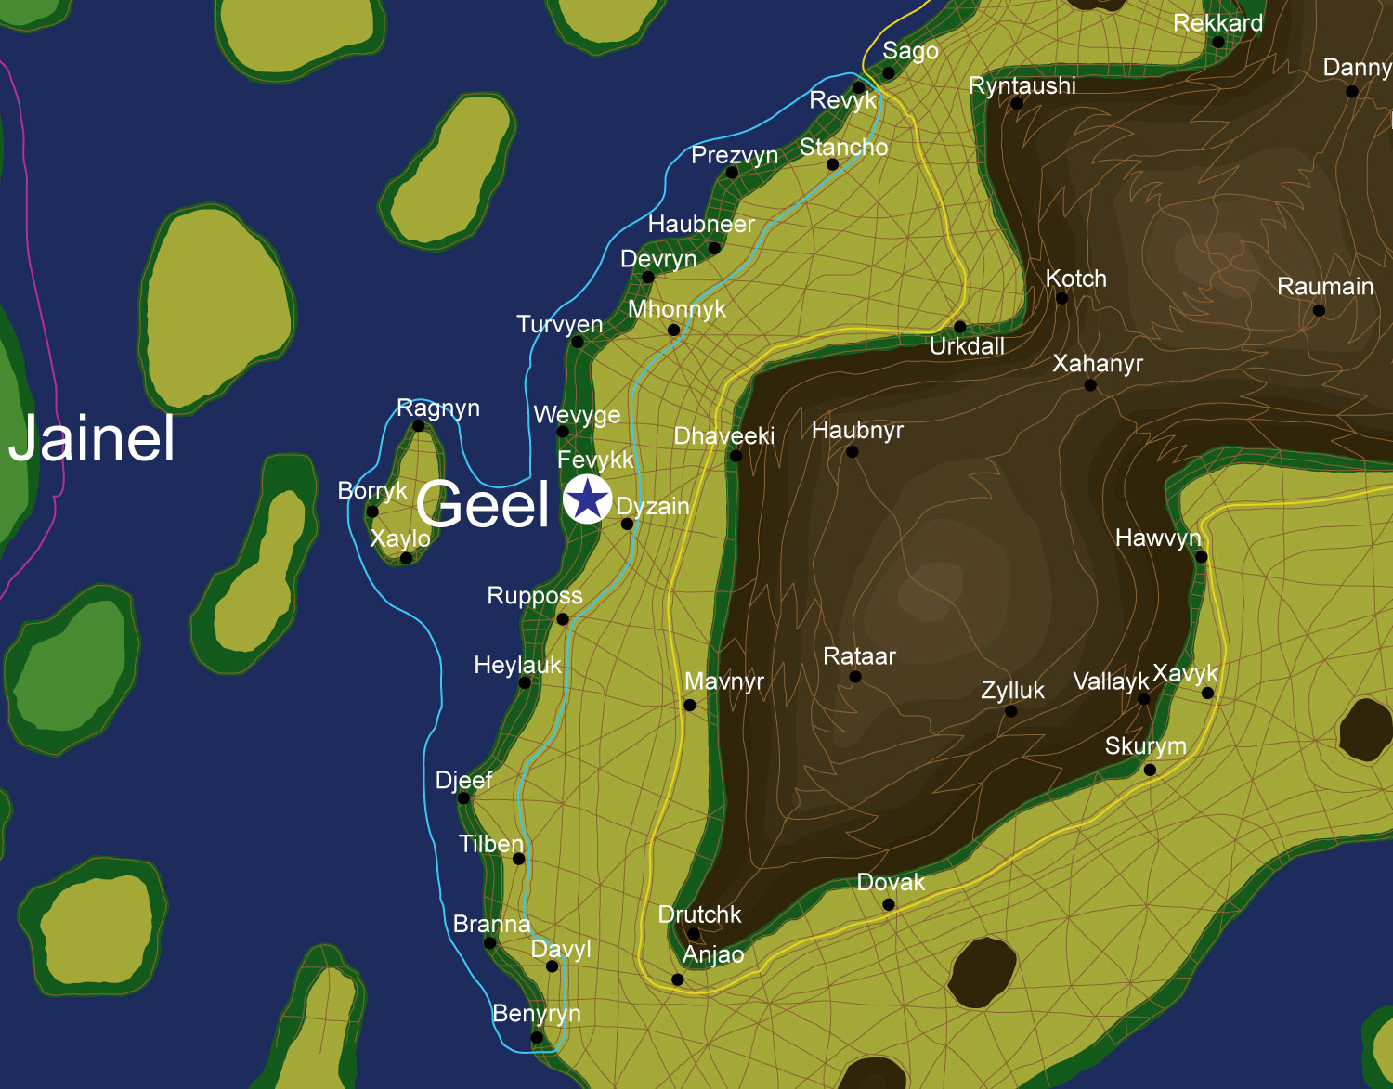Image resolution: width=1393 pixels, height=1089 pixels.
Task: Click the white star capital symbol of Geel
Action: click(x=587, y=499)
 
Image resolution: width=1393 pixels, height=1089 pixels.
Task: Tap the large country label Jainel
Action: click(x=92, y=438)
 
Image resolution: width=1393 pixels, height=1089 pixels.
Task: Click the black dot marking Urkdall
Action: click(x=960, y=327)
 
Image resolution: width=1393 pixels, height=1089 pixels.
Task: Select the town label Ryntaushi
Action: click(x=1022, y=85)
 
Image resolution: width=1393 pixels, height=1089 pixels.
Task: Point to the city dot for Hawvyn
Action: click(x=1201, y=557)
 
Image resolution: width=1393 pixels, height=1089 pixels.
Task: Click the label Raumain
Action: click(x=1325, y=287)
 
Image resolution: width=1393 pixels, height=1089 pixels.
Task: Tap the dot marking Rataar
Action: click(x=855, y=677)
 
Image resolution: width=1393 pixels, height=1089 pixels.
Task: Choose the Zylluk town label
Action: click(x=1012, y=691)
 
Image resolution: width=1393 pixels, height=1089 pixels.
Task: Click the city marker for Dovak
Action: click(x=889, y=904)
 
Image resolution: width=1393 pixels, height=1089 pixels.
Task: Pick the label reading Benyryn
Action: click(x=536, y=1014)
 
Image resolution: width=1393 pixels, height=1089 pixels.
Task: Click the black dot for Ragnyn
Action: click(x=418, y=426)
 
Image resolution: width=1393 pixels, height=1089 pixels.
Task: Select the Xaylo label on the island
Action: click(x=400, y=538)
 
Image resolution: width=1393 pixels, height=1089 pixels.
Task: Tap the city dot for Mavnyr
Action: click(x=690, y=706)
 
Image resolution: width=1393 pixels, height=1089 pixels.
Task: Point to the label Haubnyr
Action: click(x=857, y=431)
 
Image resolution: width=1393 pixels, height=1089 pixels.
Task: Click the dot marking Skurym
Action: click(x=1150, y=770)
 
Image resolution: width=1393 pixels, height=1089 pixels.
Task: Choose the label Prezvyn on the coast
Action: click(x=734, y=155)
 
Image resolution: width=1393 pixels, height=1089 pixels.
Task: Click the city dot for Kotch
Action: click(x=1062, y=299)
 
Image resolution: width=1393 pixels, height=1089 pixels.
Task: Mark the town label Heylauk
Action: click(x=517, y=666)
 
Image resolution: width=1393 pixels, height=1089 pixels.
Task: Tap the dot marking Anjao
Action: click(x=678, y=979)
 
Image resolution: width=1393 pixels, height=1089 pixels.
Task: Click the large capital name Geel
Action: click(x=483, y=505)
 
